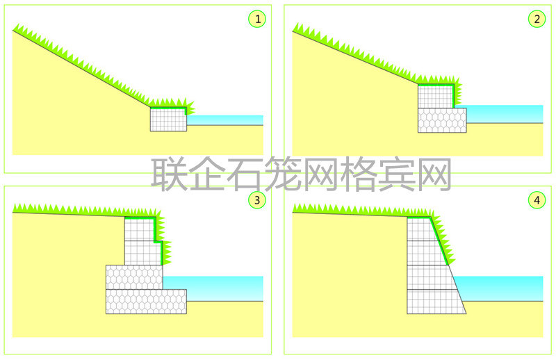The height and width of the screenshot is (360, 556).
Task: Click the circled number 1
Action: tap(257, 19)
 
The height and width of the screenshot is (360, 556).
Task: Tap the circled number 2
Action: tap(537, 19)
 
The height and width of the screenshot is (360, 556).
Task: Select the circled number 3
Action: tap(257, 200)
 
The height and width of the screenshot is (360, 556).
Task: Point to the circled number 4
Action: tap(537, 200)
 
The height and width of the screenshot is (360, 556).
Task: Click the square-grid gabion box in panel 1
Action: tap(168, 119)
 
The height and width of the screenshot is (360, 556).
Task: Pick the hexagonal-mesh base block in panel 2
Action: tap(442, 120)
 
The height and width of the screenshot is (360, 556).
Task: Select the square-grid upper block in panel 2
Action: tap(436, 96)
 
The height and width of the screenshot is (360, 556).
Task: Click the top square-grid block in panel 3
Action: tap(140, 229)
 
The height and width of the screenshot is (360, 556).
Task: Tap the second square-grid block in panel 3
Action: tap(144, 253)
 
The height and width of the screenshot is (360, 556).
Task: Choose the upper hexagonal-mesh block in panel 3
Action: tap(134, 277)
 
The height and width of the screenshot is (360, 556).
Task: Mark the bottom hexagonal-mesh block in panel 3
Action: tap(146, 302)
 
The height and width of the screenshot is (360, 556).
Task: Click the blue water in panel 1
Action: tap(224, 120)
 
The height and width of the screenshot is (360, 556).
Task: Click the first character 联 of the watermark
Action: tap(169, 174)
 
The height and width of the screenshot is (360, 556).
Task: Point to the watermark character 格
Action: tap(358, 174)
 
